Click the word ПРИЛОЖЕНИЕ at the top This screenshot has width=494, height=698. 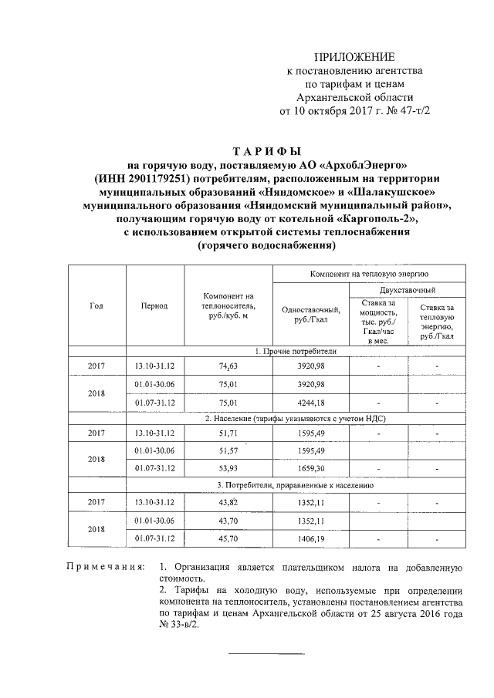(357, 57)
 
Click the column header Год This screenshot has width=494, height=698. (96, 305)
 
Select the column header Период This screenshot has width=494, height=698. (154, 305)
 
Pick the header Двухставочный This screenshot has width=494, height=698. (407, 290)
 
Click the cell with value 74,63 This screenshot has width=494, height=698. (228, 366)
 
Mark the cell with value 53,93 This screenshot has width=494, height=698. (228, 468)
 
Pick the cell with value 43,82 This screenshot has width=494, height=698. (228, 502)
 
